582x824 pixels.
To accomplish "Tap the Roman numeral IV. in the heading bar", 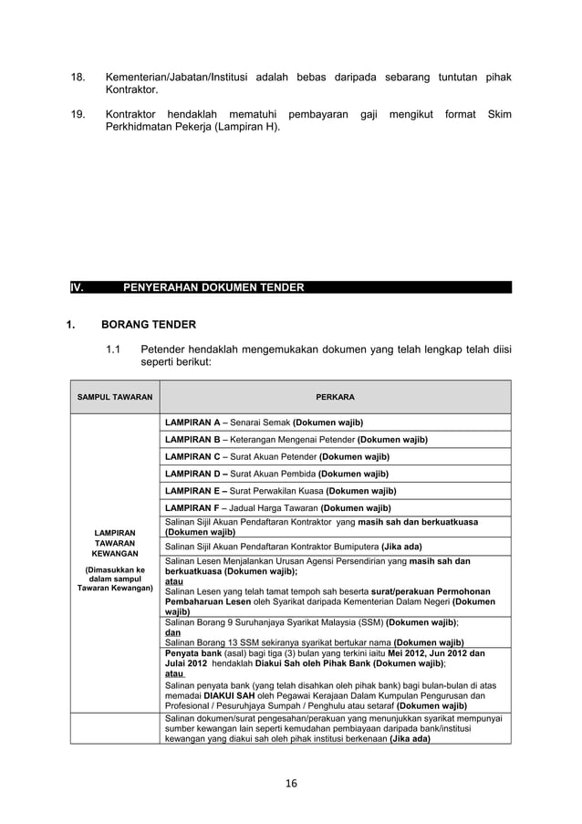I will pyautogui.click(x=78, y=287).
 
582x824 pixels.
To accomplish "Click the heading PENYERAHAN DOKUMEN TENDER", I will pyautogui.click(x=213, y=287).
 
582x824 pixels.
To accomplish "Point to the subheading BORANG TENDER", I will pyautogui.click(x=148, y=323).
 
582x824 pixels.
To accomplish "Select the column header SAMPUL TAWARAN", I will pyautogui.click(x=116, y=398).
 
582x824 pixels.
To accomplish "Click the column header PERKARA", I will pyautogui.click(x=335, y=398).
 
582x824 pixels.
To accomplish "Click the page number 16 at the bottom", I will pyautogui.click(x=290, y=782).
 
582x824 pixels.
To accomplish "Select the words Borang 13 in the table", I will pyautogui.click(x=218, y=642).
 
